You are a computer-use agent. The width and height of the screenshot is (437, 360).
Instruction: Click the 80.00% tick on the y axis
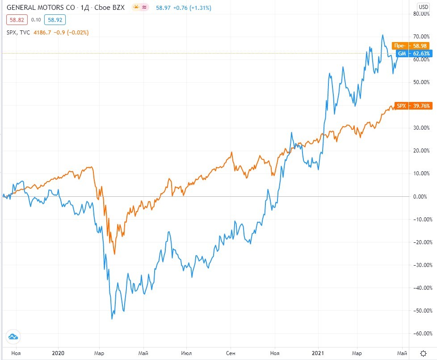[x=422, y=14]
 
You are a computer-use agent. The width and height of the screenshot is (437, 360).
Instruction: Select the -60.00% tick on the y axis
[x=421, y=334]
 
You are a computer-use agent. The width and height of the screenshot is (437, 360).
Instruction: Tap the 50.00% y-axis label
[x=422, y=82]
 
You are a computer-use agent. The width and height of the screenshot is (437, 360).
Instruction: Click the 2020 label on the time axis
[x=59, y=353]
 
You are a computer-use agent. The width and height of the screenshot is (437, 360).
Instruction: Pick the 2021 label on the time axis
[x=318, y=353]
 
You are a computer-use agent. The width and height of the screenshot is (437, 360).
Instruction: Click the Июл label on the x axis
[x=187, y=353]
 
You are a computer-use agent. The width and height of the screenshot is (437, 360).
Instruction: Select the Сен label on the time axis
[x=231, y=353]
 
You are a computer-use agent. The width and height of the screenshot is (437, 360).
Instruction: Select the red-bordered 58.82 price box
[x=17, y=20]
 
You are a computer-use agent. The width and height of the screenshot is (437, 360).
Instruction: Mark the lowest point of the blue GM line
[x=112, y=319]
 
